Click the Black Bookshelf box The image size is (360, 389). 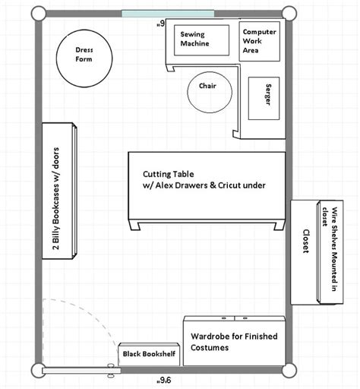149,354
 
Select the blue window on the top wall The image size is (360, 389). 168,14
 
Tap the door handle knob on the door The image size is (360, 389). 111,371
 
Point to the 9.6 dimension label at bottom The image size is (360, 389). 164,380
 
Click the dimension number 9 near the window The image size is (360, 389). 161,24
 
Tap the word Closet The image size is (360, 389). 306,241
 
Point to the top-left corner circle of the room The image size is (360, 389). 39,14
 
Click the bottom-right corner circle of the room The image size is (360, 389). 289,371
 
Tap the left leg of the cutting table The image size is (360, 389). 134,224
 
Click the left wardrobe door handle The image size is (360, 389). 224,318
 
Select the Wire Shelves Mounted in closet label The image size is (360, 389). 330,249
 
